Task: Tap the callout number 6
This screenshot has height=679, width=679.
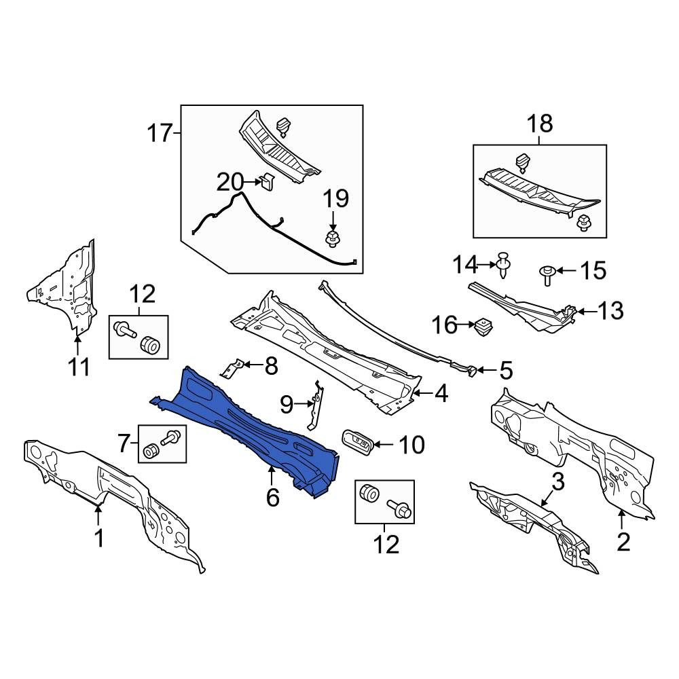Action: point(272,498)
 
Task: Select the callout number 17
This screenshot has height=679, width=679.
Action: point(160,132)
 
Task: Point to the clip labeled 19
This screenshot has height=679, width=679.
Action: point(332,239)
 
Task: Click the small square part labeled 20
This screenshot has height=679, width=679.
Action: point(267,181)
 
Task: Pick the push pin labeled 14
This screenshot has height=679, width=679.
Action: point(503,265)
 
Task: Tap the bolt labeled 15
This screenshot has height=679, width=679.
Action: point(547,275)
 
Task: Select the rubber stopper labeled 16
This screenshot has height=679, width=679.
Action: point(483,327)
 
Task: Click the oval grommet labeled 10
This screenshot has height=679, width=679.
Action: point(357,442)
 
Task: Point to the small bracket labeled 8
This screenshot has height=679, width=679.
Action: point(232,367)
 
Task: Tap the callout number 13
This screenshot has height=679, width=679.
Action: point(610,310)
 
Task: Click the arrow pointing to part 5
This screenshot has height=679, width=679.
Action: point(486,370)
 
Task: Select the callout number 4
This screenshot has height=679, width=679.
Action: point(441,394)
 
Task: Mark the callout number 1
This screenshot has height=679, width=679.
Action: point(100,538)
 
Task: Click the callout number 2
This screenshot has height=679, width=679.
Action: point(623,542)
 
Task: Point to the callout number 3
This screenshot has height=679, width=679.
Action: point(557,481)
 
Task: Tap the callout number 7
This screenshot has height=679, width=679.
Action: point(124,443)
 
